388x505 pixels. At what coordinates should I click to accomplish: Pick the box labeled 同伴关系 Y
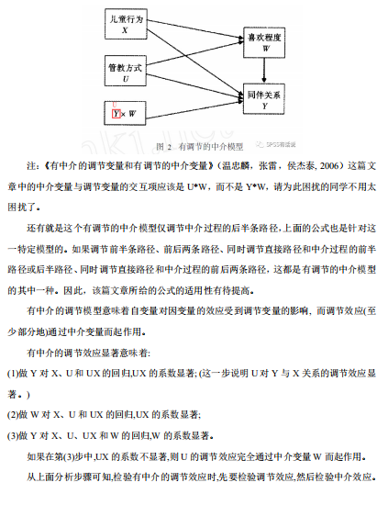[265, 98]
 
